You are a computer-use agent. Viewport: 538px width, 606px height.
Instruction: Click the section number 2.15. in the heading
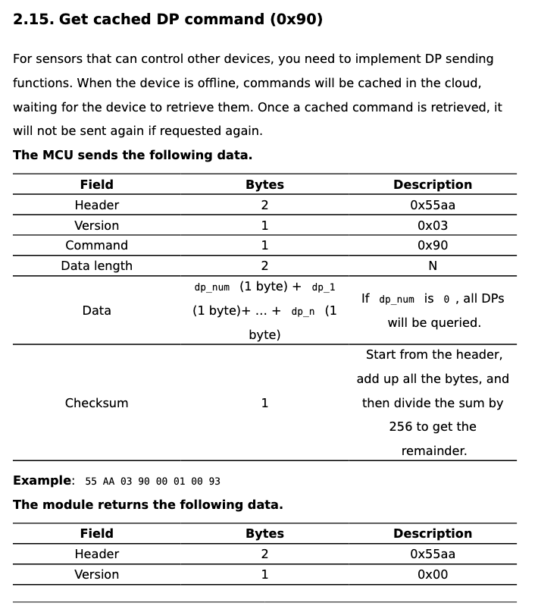coord(33,20)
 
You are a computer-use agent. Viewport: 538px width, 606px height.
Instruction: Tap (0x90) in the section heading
coord(296,20)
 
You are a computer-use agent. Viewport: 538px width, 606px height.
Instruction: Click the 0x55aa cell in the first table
coord(432,205)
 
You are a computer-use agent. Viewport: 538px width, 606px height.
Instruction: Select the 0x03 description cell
coord(432,225)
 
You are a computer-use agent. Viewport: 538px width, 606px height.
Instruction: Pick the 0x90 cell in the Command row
coord(432,245)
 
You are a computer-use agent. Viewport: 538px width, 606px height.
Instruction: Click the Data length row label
coord(96,265)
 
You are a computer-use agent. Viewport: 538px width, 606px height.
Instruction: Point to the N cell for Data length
coord(432,265)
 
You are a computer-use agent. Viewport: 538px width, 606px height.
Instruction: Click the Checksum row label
coord(96,403)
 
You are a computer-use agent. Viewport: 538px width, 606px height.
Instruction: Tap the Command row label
coord(96,245)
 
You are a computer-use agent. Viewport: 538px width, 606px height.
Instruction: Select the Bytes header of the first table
coord(264,184)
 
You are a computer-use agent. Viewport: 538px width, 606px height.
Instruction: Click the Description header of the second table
coord(432,533)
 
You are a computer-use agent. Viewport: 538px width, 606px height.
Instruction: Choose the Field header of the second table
coord(96,533)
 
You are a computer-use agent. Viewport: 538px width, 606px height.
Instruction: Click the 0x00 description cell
coord(432,574)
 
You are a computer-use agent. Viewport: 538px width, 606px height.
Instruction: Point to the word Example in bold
coord(42,480)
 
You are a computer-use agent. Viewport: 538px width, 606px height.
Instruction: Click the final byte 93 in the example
coord(214,481)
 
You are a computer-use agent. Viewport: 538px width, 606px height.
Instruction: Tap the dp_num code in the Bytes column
coord(212,287)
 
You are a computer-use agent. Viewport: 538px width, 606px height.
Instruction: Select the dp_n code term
coord(303,312)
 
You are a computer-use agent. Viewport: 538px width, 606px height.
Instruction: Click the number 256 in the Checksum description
coord(401,426)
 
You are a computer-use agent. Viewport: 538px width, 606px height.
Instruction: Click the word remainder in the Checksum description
coord(433,451)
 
